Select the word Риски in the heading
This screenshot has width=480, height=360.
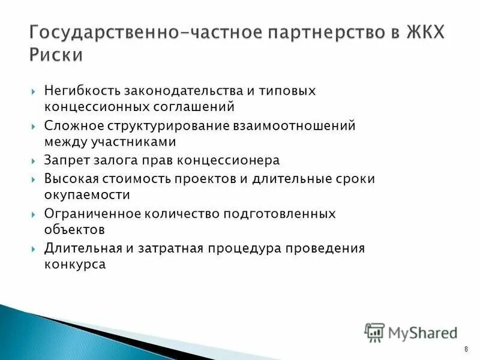point(56,55)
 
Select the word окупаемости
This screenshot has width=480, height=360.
point(86,195)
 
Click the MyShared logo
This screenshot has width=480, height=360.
point(411,332)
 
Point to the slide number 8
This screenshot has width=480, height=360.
point(466,350)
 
